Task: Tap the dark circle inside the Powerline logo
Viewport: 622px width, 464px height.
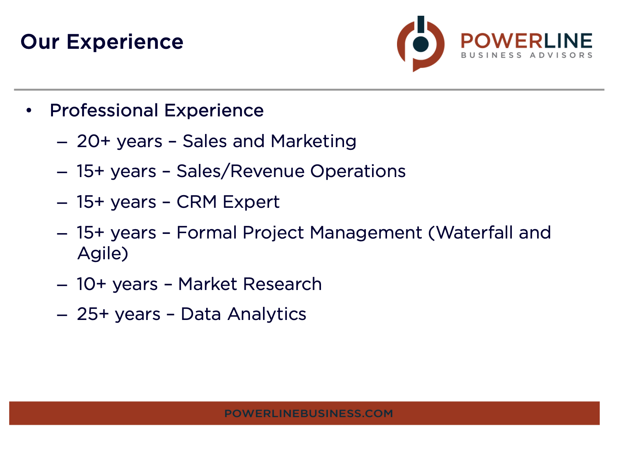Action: click(x=420, y=44)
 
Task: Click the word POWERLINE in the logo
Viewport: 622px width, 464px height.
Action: click(x=526, y=41)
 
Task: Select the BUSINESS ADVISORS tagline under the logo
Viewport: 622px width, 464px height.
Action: click(x=526, y=55)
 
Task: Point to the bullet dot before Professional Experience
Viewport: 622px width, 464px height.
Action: click(x=29, y=111)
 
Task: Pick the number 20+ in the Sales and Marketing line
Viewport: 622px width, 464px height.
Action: click(x=94, y=141)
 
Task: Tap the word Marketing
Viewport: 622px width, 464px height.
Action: click(x=313, y=142)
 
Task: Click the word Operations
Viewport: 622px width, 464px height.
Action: click(x=358, y=172)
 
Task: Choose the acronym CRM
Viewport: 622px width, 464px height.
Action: click(x=197, y=202)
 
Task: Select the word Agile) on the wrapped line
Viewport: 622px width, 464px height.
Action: click(x=103, y=254)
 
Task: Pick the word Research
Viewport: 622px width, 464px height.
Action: click(x=283, y=284)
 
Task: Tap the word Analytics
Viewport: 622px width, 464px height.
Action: click(x=267, y=315)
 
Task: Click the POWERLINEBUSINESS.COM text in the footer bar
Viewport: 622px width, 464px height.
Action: click(x=309, y=414)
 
